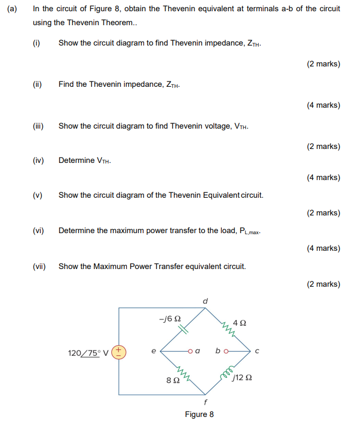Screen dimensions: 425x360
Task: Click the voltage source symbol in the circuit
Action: pos(119,352)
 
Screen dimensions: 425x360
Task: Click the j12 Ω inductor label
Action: pos(242,377)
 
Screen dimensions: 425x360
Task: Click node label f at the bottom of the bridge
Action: pos(205,401)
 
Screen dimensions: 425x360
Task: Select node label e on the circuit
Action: pos(153,352)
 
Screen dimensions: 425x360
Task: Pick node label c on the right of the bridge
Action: pos(257,352)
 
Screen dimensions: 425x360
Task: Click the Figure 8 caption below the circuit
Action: pos(199,414)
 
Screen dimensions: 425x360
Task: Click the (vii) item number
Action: pos(38,266)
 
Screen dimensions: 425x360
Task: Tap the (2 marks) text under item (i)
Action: pos(324,64)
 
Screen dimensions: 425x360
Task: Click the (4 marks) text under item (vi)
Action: pos(324,248)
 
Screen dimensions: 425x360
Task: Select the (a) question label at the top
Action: pos(12,9)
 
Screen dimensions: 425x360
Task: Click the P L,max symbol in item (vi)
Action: pos(249,231)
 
